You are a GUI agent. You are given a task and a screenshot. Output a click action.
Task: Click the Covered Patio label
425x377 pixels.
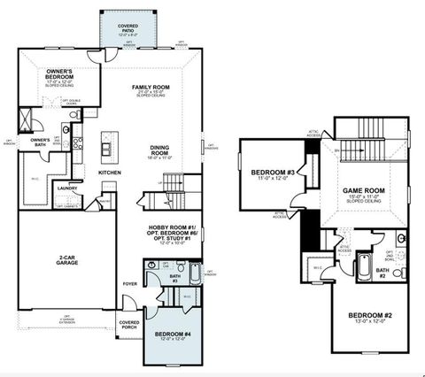point(127,27)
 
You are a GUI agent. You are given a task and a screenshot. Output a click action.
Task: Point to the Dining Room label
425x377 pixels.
point(159,151)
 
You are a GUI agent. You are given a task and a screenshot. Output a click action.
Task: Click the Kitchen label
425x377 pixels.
point(109,172)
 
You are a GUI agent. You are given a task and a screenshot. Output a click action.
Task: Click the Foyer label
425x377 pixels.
point(129,284)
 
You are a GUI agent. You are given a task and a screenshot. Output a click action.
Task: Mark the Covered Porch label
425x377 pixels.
point(129,324)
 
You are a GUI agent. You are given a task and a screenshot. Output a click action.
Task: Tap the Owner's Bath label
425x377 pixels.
point(40,141)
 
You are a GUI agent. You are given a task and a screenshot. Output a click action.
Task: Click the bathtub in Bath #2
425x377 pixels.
point(364,265)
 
